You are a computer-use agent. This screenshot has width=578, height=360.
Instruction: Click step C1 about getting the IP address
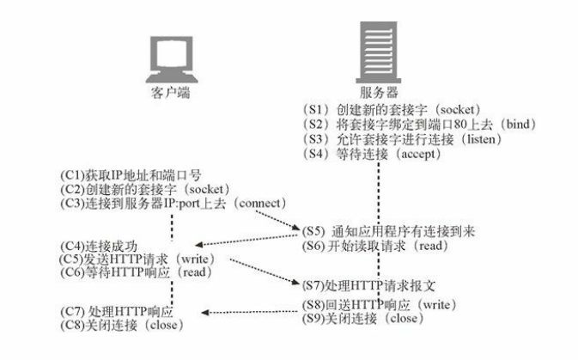click(x=130, y=174)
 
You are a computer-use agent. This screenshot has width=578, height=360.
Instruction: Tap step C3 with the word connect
click(x=172, y=203)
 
